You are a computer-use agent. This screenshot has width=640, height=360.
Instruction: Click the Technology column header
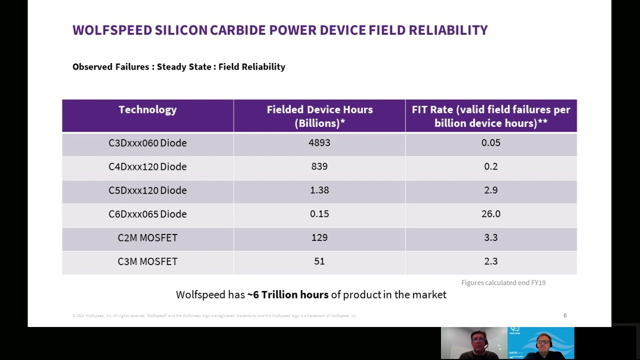(x=147, y=110)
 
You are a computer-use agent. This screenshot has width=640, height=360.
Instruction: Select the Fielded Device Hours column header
(x=319, y=116)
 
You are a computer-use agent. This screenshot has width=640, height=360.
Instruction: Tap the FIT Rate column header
(x=490, y=116)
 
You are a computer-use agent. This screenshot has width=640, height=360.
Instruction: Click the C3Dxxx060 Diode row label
(x=147, y=143)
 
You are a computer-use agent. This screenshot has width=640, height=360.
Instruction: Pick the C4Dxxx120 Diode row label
(x=147, y=166)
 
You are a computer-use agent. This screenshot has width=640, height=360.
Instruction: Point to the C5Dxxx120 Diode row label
(x=147, y=190)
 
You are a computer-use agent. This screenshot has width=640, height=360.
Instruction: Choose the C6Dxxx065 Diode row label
(x=147, y=214)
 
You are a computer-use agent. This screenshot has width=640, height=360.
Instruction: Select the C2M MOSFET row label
(x=147, y=238)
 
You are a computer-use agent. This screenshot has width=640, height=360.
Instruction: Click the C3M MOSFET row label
(x=147, y=261)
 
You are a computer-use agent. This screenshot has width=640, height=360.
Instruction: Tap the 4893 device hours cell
(x=319, y=143)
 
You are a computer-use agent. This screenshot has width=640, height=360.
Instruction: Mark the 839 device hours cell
(x=319, y=166)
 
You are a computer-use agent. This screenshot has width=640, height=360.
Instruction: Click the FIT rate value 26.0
(x=490, y=214)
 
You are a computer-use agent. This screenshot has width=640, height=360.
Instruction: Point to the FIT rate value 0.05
(x=490, y=143)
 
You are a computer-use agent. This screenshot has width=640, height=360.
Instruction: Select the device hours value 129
(x=319, y=238)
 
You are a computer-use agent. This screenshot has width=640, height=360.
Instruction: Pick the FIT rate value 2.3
(x=490, y=261)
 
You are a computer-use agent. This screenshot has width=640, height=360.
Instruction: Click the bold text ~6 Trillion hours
(x=287, y=295)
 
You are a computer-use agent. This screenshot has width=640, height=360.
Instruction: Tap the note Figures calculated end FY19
(x=503, y=283)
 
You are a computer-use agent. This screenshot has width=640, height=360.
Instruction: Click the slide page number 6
(x=565, y=315)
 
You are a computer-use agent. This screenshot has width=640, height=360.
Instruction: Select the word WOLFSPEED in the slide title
(x=112, y=30)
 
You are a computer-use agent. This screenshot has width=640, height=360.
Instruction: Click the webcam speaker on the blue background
(x=543, y=344)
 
